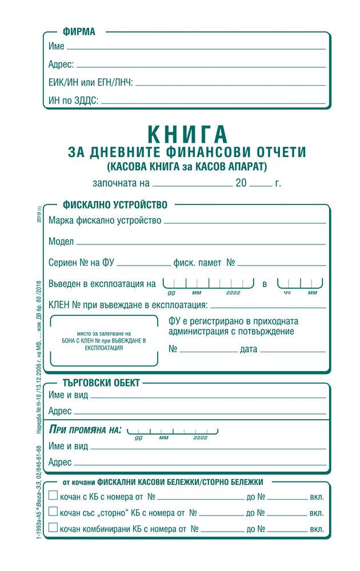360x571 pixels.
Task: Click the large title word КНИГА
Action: [187, 134]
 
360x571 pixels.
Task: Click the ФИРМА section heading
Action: [79, 32]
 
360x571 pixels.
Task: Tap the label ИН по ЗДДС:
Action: [73, 100]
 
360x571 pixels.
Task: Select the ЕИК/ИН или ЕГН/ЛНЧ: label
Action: [91, 83]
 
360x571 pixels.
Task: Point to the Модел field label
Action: [61, 241]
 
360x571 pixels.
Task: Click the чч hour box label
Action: [287, 292]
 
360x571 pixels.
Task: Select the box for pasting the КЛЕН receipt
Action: [104, 340]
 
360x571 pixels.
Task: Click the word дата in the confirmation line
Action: [249, 349]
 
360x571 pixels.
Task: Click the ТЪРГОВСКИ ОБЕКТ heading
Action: [101, 383]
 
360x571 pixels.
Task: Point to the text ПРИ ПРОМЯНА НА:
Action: [85, 429]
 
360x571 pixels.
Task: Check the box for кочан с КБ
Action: [53, 496]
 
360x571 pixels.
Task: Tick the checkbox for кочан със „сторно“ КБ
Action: [53, 512]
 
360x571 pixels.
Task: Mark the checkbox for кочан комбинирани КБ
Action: [53, 528]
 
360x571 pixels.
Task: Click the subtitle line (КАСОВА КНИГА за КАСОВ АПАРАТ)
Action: [187, 167]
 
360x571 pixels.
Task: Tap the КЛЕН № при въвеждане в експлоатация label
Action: [128, 305]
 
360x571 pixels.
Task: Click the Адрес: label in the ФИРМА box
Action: [61, 65]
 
